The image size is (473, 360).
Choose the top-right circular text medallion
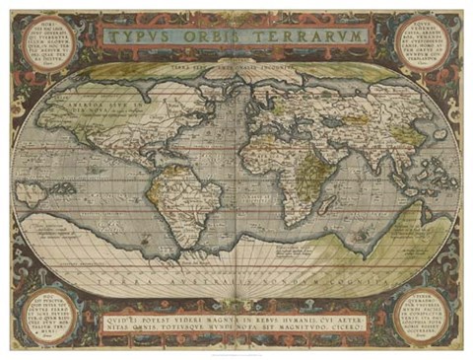pyautogui.click(x=421, y=44)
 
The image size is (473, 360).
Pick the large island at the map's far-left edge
pyautogui.click(x=39, y=192)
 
